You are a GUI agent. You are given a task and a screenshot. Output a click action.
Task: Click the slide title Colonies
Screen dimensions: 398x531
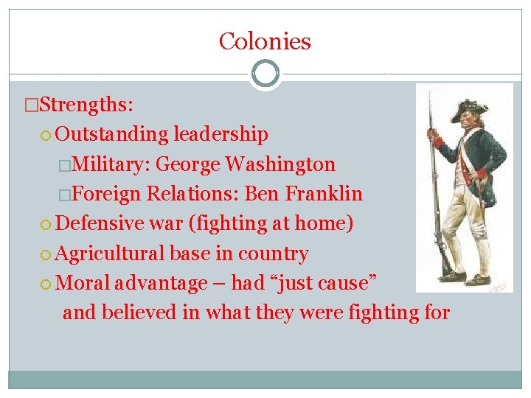pyautogui.click(x=265, y=41)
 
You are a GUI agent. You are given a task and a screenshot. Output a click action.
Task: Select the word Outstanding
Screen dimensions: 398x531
pyautogui.click(x=112, y=134)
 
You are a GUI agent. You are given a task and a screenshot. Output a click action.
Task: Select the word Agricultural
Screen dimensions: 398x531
pyautogui.click(x=110, y=254)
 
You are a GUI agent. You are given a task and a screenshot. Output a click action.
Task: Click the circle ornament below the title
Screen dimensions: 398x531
pyautogui.click(x=265, y=74)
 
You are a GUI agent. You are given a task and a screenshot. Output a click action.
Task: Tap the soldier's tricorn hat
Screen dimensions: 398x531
pyautogui.click(x=464, y=108)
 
